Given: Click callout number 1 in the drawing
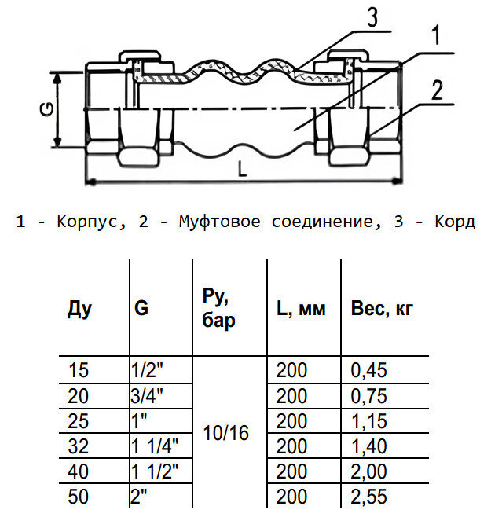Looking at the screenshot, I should [434, 36].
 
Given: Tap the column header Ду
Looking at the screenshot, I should [79, 309].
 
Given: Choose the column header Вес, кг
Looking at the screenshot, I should [382, 309].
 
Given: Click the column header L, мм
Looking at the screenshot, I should [301, 309].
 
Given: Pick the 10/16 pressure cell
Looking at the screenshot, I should [225, 432].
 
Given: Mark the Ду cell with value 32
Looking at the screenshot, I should [79, 446].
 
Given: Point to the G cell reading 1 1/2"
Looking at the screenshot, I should [156, 471].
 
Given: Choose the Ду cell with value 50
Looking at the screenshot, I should [79, 497].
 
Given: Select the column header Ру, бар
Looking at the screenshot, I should [218, 309].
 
